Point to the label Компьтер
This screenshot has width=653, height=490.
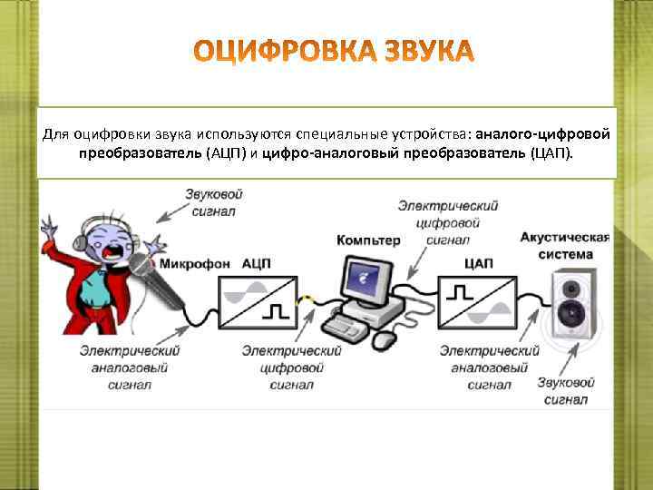[x=367, y=240]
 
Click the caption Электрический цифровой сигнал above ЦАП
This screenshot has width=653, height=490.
[x=447, y=223]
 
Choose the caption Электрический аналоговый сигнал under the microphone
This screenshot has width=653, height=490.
[x=128, y=367]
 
